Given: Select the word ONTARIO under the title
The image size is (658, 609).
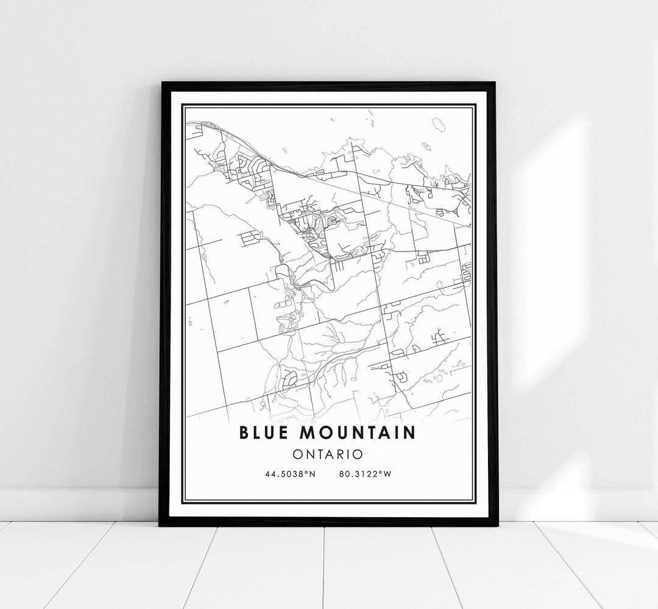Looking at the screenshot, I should point(328,454).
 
